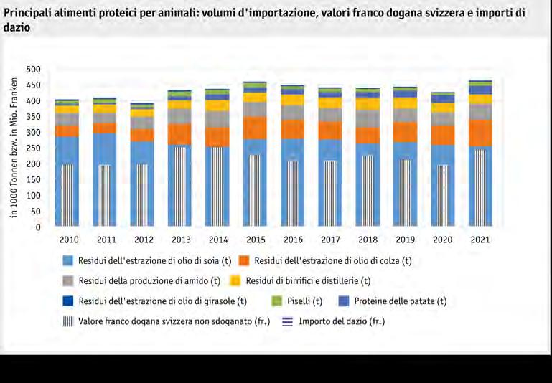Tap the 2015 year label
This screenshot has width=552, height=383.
point(255,240)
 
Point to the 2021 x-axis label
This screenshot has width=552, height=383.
point(480,240)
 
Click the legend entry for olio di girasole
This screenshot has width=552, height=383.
point(162,301)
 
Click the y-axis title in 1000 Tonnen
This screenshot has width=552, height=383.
point(14,148)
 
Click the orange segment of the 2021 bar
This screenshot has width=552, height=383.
point(480,133)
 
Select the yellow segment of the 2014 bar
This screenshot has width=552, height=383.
point(217,105)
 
